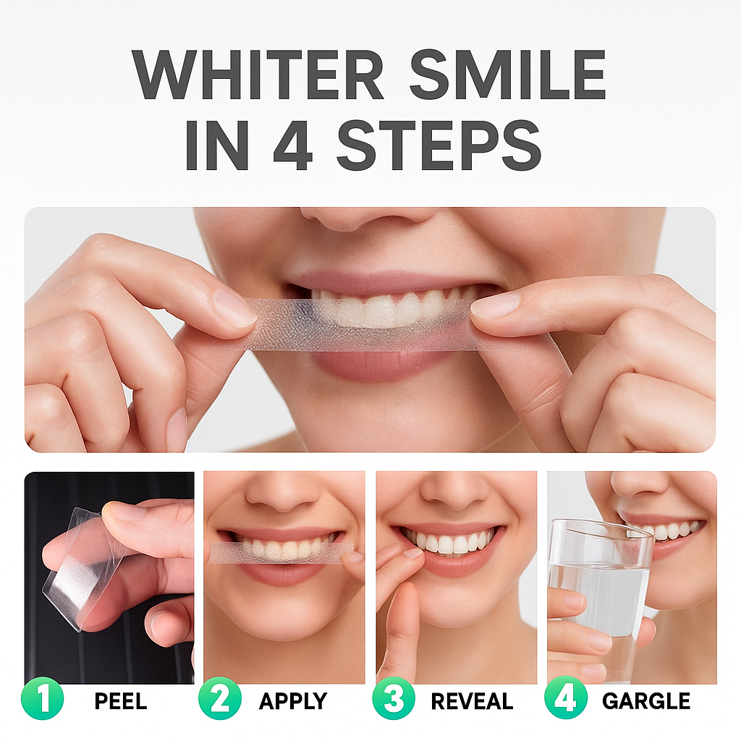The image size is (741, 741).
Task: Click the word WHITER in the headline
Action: coord(258,75)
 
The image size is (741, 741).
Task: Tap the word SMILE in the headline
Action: coord(507,75)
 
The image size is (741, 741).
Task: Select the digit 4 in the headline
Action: coord(293,145)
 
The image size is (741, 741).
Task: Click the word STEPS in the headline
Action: coord(439,145)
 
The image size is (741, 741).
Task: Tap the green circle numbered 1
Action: coord(42,699)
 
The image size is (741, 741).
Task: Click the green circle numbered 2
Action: coord(220,699)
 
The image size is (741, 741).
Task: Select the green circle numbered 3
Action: coord(394,699)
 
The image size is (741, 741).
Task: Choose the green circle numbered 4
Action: coord(566,699)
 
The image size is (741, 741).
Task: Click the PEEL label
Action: coord(121,700)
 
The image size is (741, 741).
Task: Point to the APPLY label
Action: coord(293,700)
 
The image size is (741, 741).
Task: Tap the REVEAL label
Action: coord(472,700)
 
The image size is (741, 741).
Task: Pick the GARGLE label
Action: coord(646,700)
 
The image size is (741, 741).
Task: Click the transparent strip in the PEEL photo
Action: coord(75,567)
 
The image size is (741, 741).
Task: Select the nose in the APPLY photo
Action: coord(279,494)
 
